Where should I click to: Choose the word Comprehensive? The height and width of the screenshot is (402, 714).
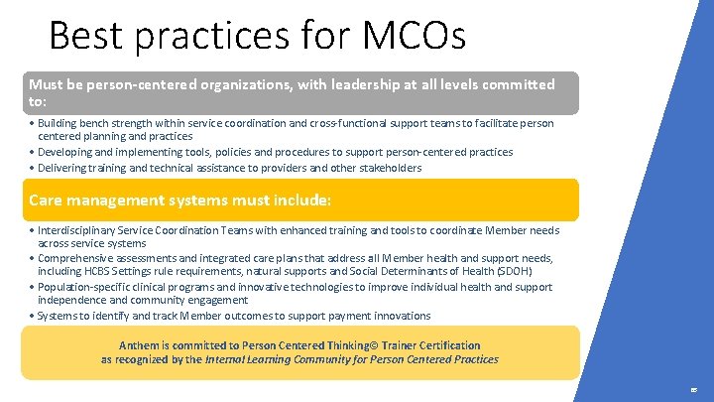click(x=75, y=258)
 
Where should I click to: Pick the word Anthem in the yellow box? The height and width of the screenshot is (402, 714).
click(x=139, y=345)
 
